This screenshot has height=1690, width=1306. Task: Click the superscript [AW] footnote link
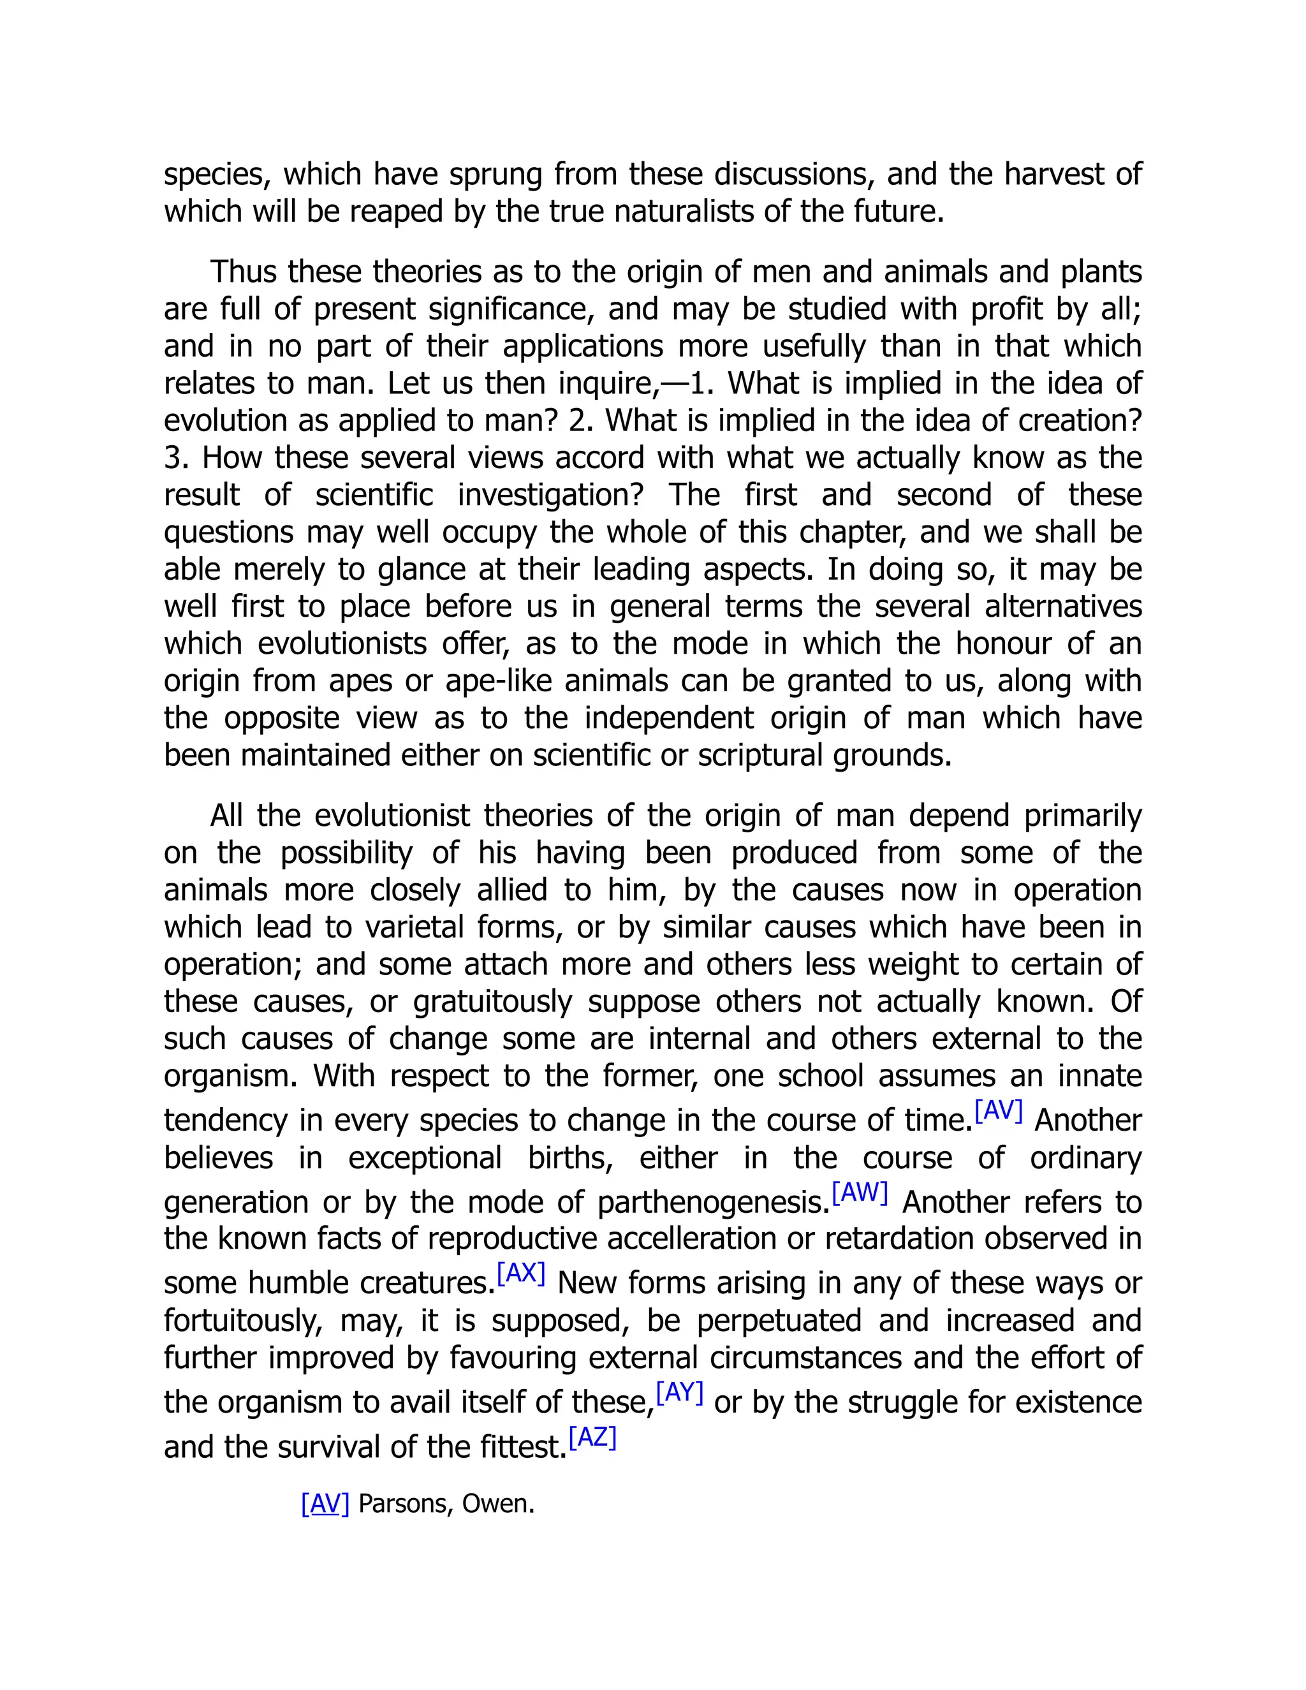click(x=860, y=1193)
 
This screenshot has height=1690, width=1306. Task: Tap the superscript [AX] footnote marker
click(x=521, y=1273)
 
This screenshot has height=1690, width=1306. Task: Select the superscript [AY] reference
click(x=679, y=1392)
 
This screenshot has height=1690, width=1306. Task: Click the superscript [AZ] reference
click(x=592, y=1437)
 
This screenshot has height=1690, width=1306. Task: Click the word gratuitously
click(x=492, y=1002)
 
